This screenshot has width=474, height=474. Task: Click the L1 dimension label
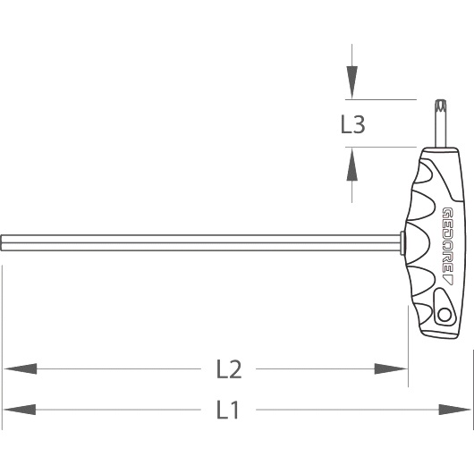coord(228,410)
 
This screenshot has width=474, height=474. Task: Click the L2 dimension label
coord(229,369)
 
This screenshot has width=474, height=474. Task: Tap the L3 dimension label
coord(352,124)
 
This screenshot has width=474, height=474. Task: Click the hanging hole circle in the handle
coord(444,315)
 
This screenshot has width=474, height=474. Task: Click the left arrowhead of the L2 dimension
coord(20,368)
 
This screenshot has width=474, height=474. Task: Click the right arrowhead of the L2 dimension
coord(391,368)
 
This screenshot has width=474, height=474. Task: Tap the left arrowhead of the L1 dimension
coord(20,410)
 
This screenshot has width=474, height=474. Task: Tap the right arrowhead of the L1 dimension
coord(455,410)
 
